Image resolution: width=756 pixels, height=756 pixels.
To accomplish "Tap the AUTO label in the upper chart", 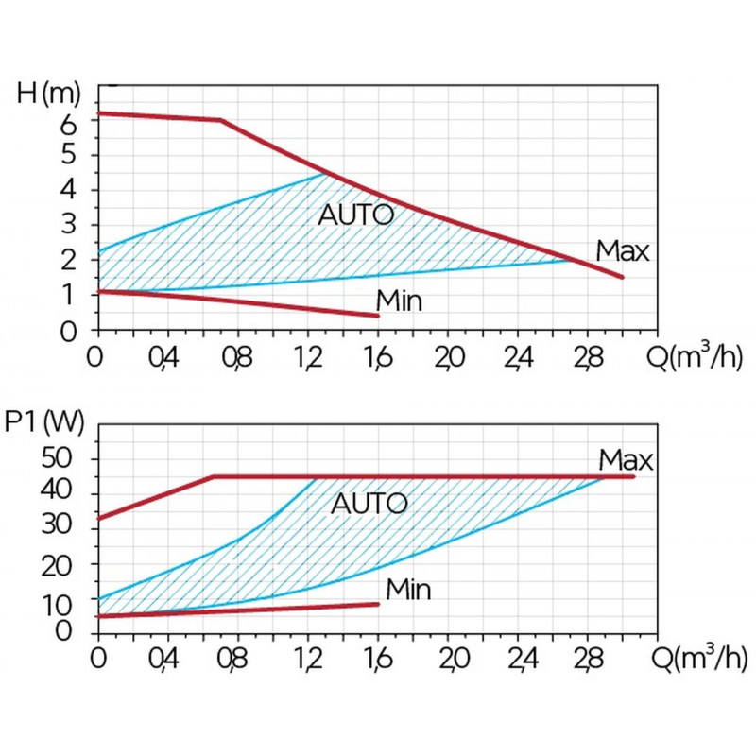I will pyautogui.click(x=355, y=215).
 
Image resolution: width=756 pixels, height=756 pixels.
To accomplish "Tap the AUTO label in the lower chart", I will pyautogui.click(x=369, y=503).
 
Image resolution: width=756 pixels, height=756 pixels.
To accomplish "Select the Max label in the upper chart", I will pyautogui.click(x=623, y=252).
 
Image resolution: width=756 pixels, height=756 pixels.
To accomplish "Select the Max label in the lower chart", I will pyautogui.click(x=626, y=460).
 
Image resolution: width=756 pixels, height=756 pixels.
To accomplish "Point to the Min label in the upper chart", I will pyautogui.click(x=399, y=301).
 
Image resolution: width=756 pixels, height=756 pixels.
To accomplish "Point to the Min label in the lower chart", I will pyautogui.click(x=408, y=591).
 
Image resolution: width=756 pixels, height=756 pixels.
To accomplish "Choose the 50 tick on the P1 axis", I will pyautogui.click(x=70, y=459).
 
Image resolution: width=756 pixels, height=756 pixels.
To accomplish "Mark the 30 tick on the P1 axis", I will pyautogui.click(x=70, y=529).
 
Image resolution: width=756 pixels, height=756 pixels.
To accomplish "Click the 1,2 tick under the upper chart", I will pyautogui.click(x=308, y=358).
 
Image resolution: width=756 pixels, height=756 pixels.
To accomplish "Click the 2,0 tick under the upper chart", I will pyautogui.click(x=448, y=358).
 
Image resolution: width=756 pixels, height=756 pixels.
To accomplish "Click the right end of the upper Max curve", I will pyautogui.click(x=623, y=277).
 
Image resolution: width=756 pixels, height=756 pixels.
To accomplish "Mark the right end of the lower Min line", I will pyautogui.click(x=378, y=604).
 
